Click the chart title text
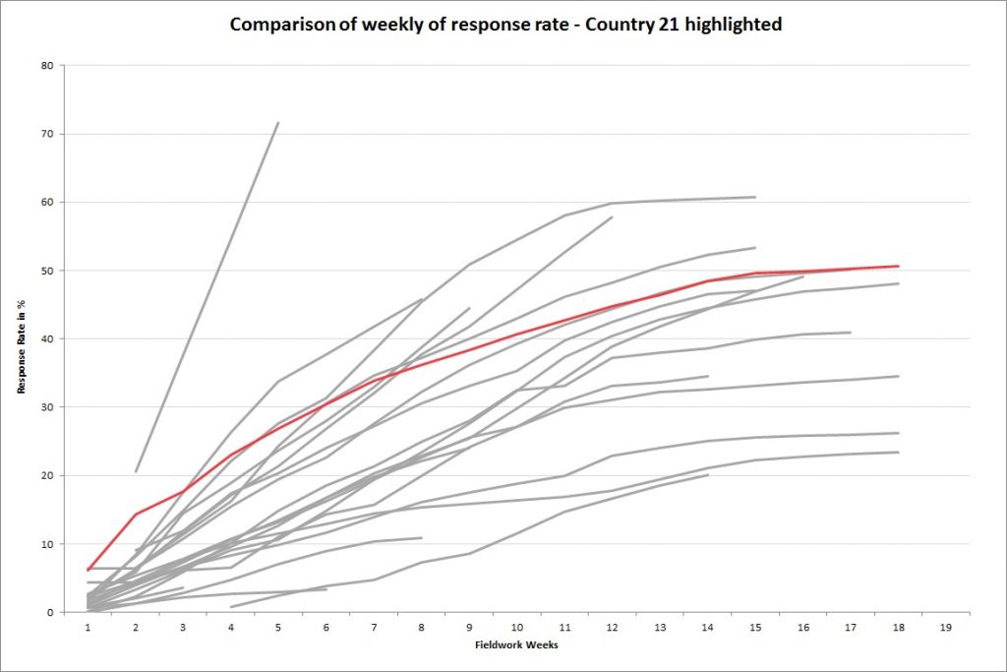pyautogui.click(x=505, y=25)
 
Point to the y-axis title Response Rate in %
pyautogui.click(x=21, y=337)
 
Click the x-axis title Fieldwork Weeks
pyautogui.click(x=517, y=645)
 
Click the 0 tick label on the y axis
pyautogui.click(x=50, y=612)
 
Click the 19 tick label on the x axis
pyautogui.click(x=945, y=626)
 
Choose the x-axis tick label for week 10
pyautogui.click(x=516, y=626)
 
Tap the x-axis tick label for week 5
pyautogui.click(x=278, y=626)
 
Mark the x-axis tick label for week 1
pyautogui.click(x=89, y=626)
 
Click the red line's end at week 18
pyautogui.click(x=898, y=266)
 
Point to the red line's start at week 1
pyautogui.click(x=89, y=570)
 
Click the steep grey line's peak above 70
pyautogui.click(x=278, y=123)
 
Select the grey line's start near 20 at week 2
pyautogui.click(x=137, y=471)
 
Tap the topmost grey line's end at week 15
pyautogui.click(x=754, y=197)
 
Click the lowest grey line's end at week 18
pyautogui.click(x=898, y=452)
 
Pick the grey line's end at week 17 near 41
pyautogui.click(x=850, y=333)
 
